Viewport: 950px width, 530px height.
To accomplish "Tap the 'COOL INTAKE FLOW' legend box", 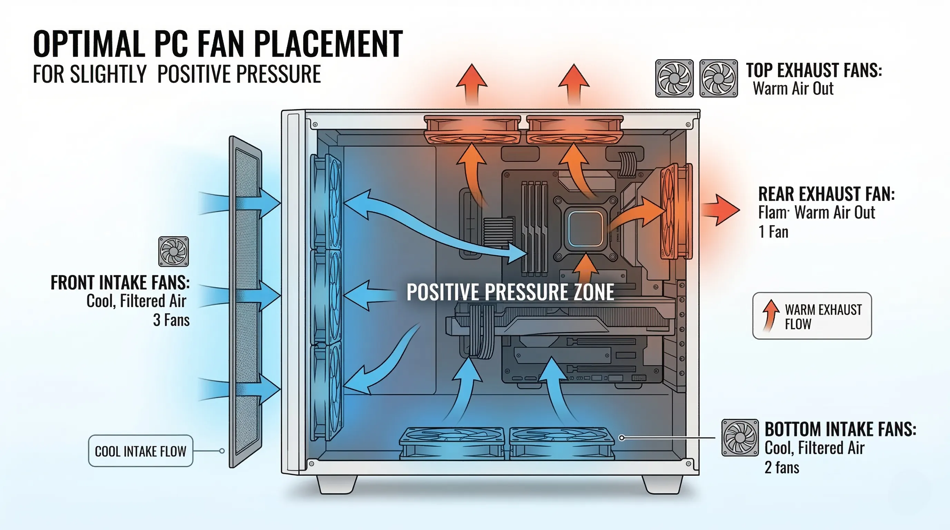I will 140,451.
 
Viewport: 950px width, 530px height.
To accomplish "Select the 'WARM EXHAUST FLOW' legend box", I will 812,316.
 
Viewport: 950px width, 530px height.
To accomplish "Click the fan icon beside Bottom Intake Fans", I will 740,438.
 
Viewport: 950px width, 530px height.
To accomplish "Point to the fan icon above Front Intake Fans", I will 173,252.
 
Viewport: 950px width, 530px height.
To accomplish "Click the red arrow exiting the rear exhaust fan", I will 721,210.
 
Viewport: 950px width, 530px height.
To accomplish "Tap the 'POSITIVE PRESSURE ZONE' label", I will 510,292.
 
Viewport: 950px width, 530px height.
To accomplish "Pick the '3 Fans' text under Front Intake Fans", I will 171,320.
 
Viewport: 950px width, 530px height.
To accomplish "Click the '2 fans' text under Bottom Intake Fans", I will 782,468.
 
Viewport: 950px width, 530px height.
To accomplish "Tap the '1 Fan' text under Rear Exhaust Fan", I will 773,232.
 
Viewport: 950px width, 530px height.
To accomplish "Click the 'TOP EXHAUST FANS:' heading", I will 814,70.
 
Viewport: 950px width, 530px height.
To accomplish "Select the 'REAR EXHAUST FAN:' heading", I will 826,194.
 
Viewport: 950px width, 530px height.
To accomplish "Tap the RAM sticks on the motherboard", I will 534,228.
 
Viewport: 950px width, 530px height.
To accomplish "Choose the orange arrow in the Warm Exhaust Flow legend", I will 770,315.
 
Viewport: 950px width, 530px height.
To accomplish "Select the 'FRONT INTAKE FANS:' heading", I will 120,283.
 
